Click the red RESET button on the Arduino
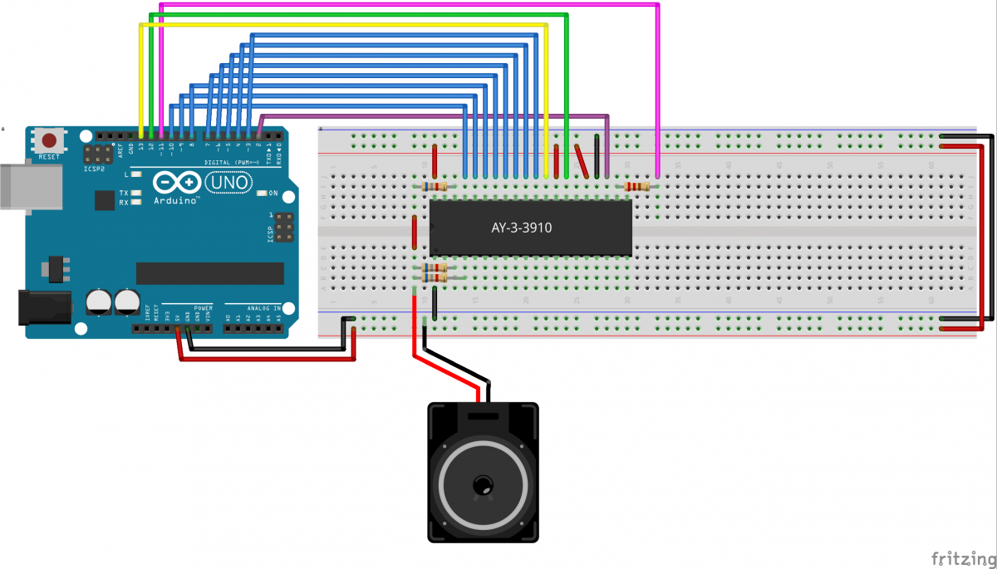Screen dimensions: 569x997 click(50, 140)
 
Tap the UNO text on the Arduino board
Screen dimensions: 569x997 click(222, 181)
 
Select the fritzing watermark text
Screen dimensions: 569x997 click(960, 556)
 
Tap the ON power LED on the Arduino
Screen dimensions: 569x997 click(261, 194)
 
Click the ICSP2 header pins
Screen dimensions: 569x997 click(99, 155)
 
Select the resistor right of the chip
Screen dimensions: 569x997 click(637, 187)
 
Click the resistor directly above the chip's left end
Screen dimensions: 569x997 click(434, 187)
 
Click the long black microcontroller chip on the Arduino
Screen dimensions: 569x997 click(210, 273)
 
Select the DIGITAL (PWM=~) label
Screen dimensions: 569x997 click(227, 161)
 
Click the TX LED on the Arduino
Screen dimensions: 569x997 click(135, 193)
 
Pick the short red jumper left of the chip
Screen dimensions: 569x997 click(414, 233)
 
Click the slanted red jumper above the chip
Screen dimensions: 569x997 click(582, 161)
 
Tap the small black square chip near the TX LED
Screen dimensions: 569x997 click(105, 200)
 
